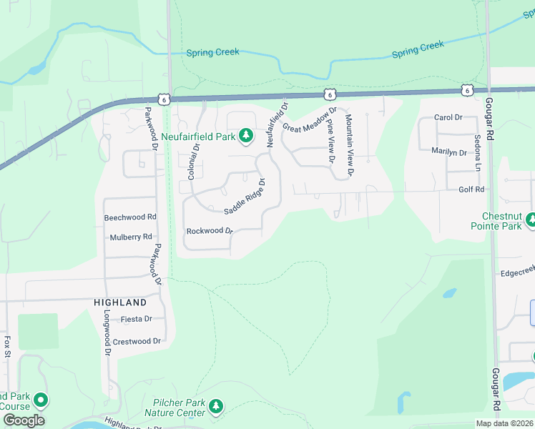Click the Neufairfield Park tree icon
[x=246, y=134]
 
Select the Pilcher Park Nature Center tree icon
[x=216, y=408]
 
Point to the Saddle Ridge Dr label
[x=245, y=197]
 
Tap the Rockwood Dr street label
[x=210, y=231]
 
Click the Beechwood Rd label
[x=130, y=217]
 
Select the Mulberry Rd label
[x=131, y=237]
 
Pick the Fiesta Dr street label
[x=137, y=319]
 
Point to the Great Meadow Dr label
[x=309, y=120]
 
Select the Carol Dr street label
[x=448, y=117]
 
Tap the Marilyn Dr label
[x=448, y=152]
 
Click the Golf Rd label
[x=471, y=189]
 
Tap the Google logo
[x=24, y=420]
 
